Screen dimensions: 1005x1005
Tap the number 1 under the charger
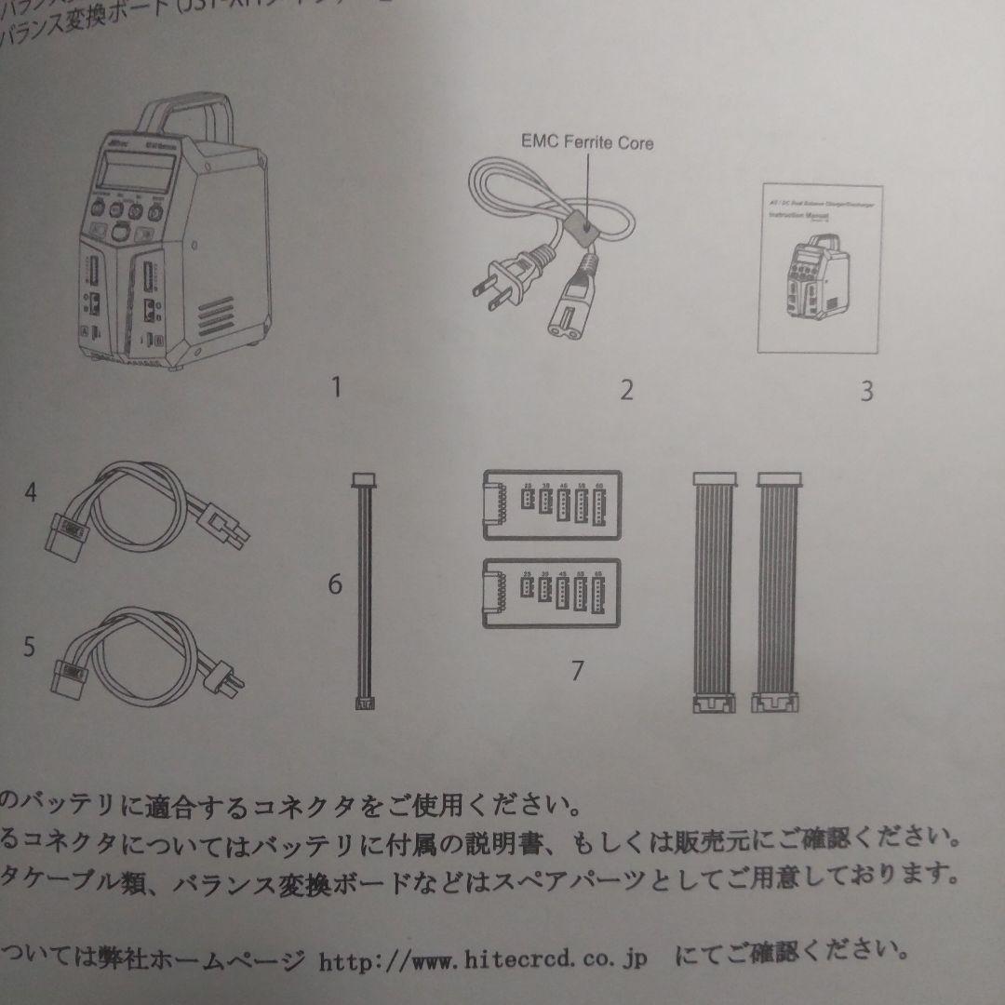tap(336, 387)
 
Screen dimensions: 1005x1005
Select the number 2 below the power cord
tap(626, 389)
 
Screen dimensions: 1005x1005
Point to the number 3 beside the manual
tap(865, 391)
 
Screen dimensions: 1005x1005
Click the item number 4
tap(31, 493)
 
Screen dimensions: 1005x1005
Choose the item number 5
tap(29, 645)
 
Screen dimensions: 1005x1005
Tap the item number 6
tap(335, 584)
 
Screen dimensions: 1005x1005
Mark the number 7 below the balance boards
tap(577, 669)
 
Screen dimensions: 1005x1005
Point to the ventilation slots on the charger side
tap(220, 313)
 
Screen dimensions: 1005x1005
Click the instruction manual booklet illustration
tap(819, 270)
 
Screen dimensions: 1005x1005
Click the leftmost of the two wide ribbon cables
tap(715, 596)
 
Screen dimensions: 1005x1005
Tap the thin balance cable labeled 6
tap(363, 596)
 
